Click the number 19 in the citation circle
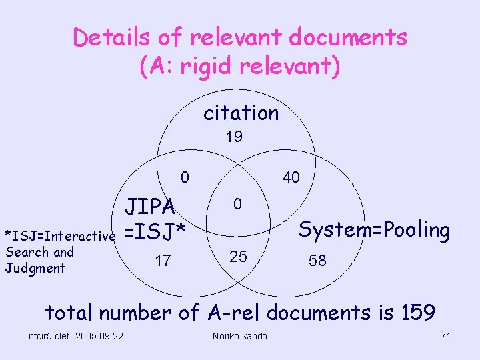[x=233, y=137]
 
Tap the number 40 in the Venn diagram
[x=291, y=177]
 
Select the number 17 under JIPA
[x=163, y=261]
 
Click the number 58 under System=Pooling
[x=317, y=261]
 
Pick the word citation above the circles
[x=241, y=113]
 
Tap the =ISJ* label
[x=153, y=232]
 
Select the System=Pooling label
[x=373, y=230]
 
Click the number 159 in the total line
[x=417, y=312]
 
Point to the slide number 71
[x=445, y=336]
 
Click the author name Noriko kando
[x=239, y=336]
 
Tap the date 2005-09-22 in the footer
[x=99, y=335]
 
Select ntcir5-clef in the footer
[x=49, y=335]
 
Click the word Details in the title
[x=110, y=37]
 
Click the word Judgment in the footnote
[x=35, y=268]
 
